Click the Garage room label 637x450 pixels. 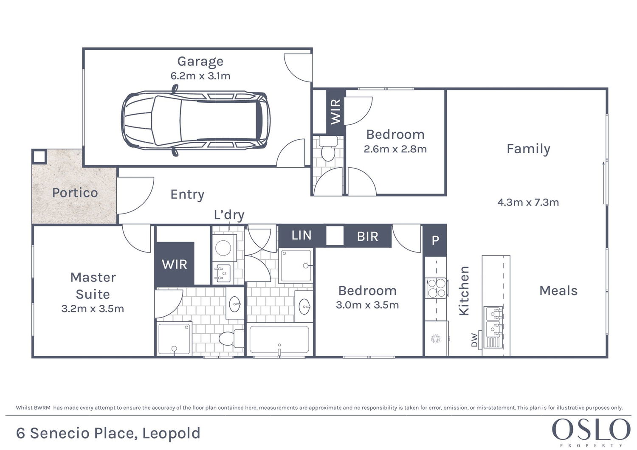tap(200, 62)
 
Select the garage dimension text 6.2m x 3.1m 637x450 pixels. tap(200, 76)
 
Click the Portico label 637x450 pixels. tap(75, 193)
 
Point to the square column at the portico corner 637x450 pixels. tap(39, 156)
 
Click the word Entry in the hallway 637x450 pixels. tap(187, 194)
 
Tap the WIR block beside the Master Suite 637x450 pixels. tap(174, 264)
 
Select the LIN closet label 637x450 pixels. tap(302, 235)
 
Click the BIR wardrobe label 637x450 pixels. tap(367, 236)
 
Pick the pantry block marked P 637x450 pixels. tap(435, 241)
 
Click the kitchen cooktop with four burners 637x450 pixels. tap(436, 288)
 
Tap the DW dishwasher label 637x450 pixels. tap(474, 340)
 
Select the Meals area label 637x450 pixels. tap(558, 291)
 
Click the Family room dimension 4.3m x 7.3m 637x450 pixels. tap(528, 202)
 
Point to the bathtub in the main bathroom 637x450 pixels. tap(279, 340)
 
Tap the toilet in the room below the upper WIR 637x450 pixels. tap(327, 149)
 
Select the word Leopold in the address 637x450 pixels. tap(171, 433)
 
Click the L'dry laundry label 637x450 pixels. tap(229, 215)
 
